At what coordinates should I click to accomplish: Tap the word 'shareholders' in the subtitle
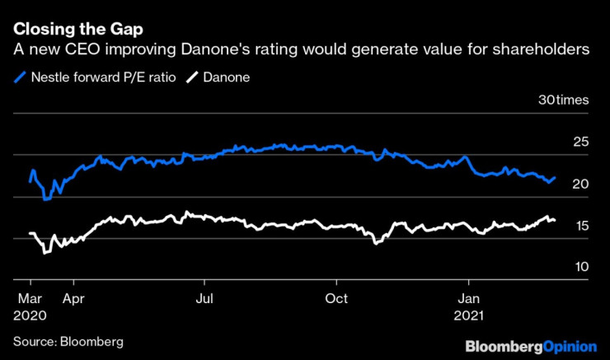(x=539, y=51)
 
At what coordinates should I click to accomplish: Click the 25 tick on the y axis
(x=580, y=143)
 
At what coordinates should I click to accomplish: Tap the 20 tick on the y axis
(x=580, y=184)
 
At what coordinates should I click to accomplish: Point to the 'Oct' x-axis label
(x=336, y=298)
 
